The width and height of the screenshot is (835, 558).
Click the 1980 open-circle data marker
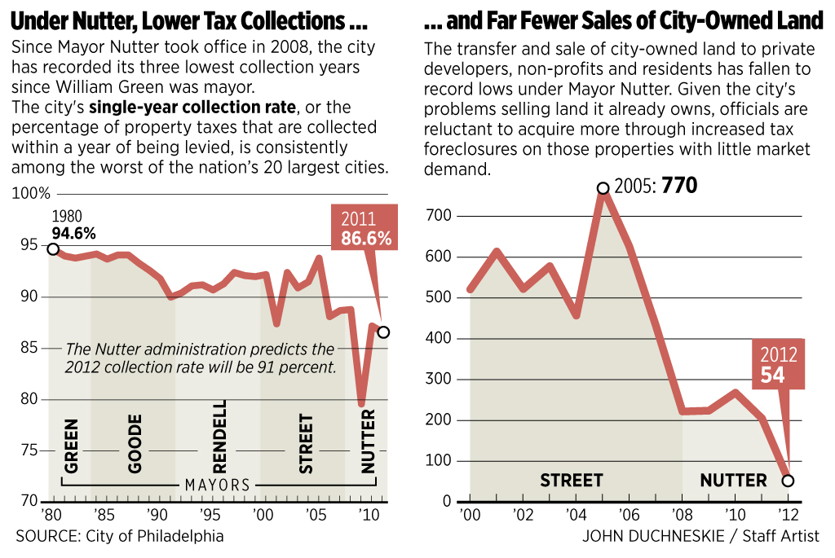53,249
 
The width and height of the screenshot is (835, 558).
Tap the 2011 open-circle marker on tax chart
383,332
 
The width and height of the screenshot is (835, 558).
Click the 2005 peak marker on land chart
603,188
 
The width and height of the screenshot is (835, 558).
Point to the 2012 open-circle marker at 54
788,481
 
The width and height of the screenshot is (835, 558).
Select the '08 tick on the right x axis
682,515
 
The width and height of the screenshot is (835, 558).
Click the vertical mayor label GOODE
135,443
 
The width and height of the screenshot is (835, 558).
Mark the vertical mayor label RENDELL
220,437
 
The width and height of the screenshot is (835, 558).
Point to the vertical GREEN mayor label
72,446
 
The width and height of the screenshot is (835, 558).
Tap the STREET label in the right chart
571,481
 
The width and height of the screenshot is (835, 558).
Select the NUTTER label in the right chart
733,481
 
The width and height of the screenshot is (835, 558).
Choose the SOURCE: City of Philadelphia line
119,535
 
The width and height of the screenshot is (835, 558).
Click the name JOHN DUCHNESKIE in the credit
647,535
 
